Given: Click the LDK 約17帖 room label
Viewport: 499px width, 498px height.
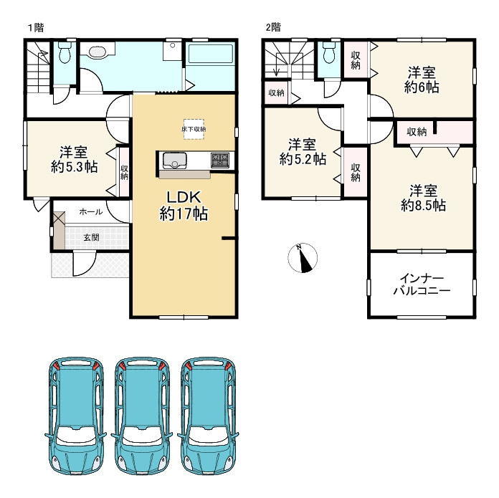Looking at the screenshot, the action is (184, 206).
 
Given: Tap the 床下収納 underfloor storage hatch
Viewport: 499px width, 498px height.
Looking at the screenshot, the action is (194, 129).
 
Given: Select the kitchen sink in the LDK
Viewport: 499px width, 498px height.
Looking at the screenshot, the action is (175, 161).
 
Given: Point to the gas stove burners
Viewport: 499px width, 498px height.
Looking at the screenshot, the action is (220, 160).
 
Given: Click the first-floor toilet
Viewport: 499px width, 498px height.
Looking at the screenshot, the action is (65, 54).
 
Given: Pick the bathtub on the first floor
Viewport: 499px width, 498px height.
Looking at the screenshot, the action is (210, 53).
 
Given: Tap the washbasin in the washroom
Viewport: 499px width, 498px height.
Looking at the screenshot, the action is (99, 52).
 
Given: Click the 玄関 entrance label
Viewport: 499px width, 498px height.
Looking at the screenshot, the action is (91, 237).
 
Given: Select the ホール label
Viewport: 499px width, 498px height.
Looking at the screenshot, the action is (91, 212).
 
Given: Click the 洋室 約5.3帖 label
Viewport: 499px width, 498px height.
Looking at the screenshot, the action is (74, 160).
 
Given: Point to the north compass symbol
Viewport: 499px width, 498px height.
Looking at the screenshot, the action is (303, 258).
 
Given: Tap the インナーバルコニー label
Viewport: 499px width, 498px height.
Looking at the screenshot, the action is (422, 284).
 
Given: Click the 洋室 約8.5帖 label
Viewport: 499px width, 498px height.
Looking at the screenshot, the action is (423, 198).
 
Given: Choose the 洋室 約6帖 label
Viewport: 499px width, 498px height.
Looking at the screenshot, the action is (422, 80).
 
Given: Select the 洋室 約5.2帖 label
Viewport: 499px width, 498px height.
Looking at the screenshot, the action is (303, 152).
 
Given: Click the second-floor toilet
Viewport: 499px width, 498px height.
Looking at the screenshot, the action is (329, 54).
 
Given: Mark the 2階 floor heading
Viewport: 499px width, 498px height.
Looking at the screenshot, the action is (273, 27).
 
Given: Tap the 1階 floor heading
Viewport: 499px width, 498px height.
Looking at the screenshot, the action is (36, 28).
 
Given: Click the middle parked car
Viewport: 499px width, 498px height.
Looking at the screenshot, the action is (142, 416).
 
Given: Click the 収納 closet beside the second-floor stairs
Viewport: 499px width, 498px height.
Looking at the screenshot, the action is (276, 93).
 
